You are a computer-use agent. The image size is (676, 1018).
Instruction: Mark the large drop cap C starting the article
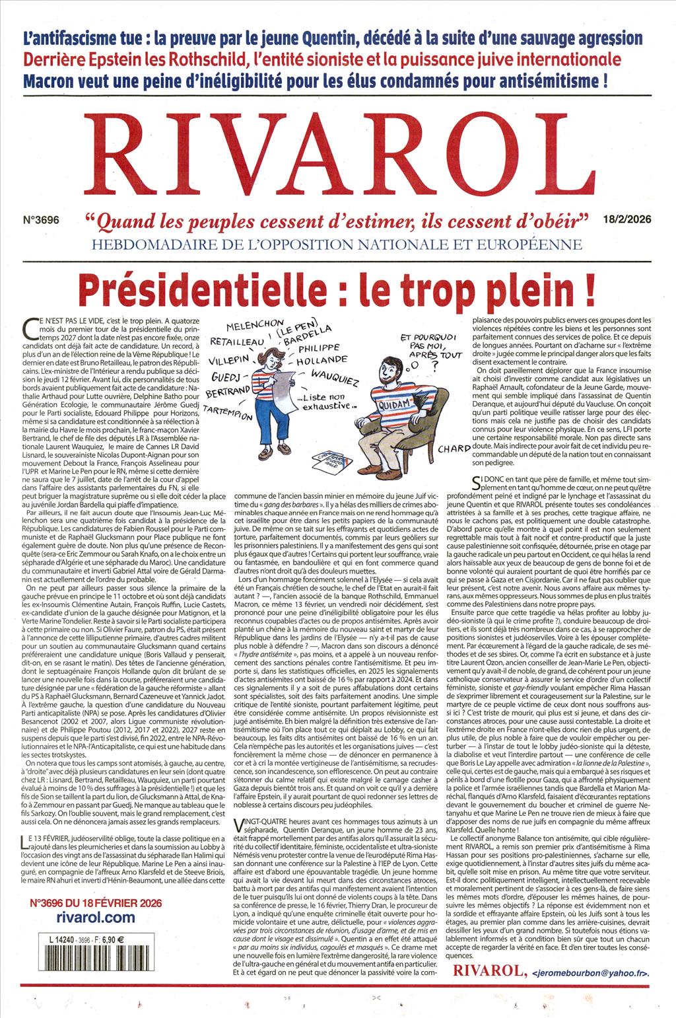click(x=27, y=325)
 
